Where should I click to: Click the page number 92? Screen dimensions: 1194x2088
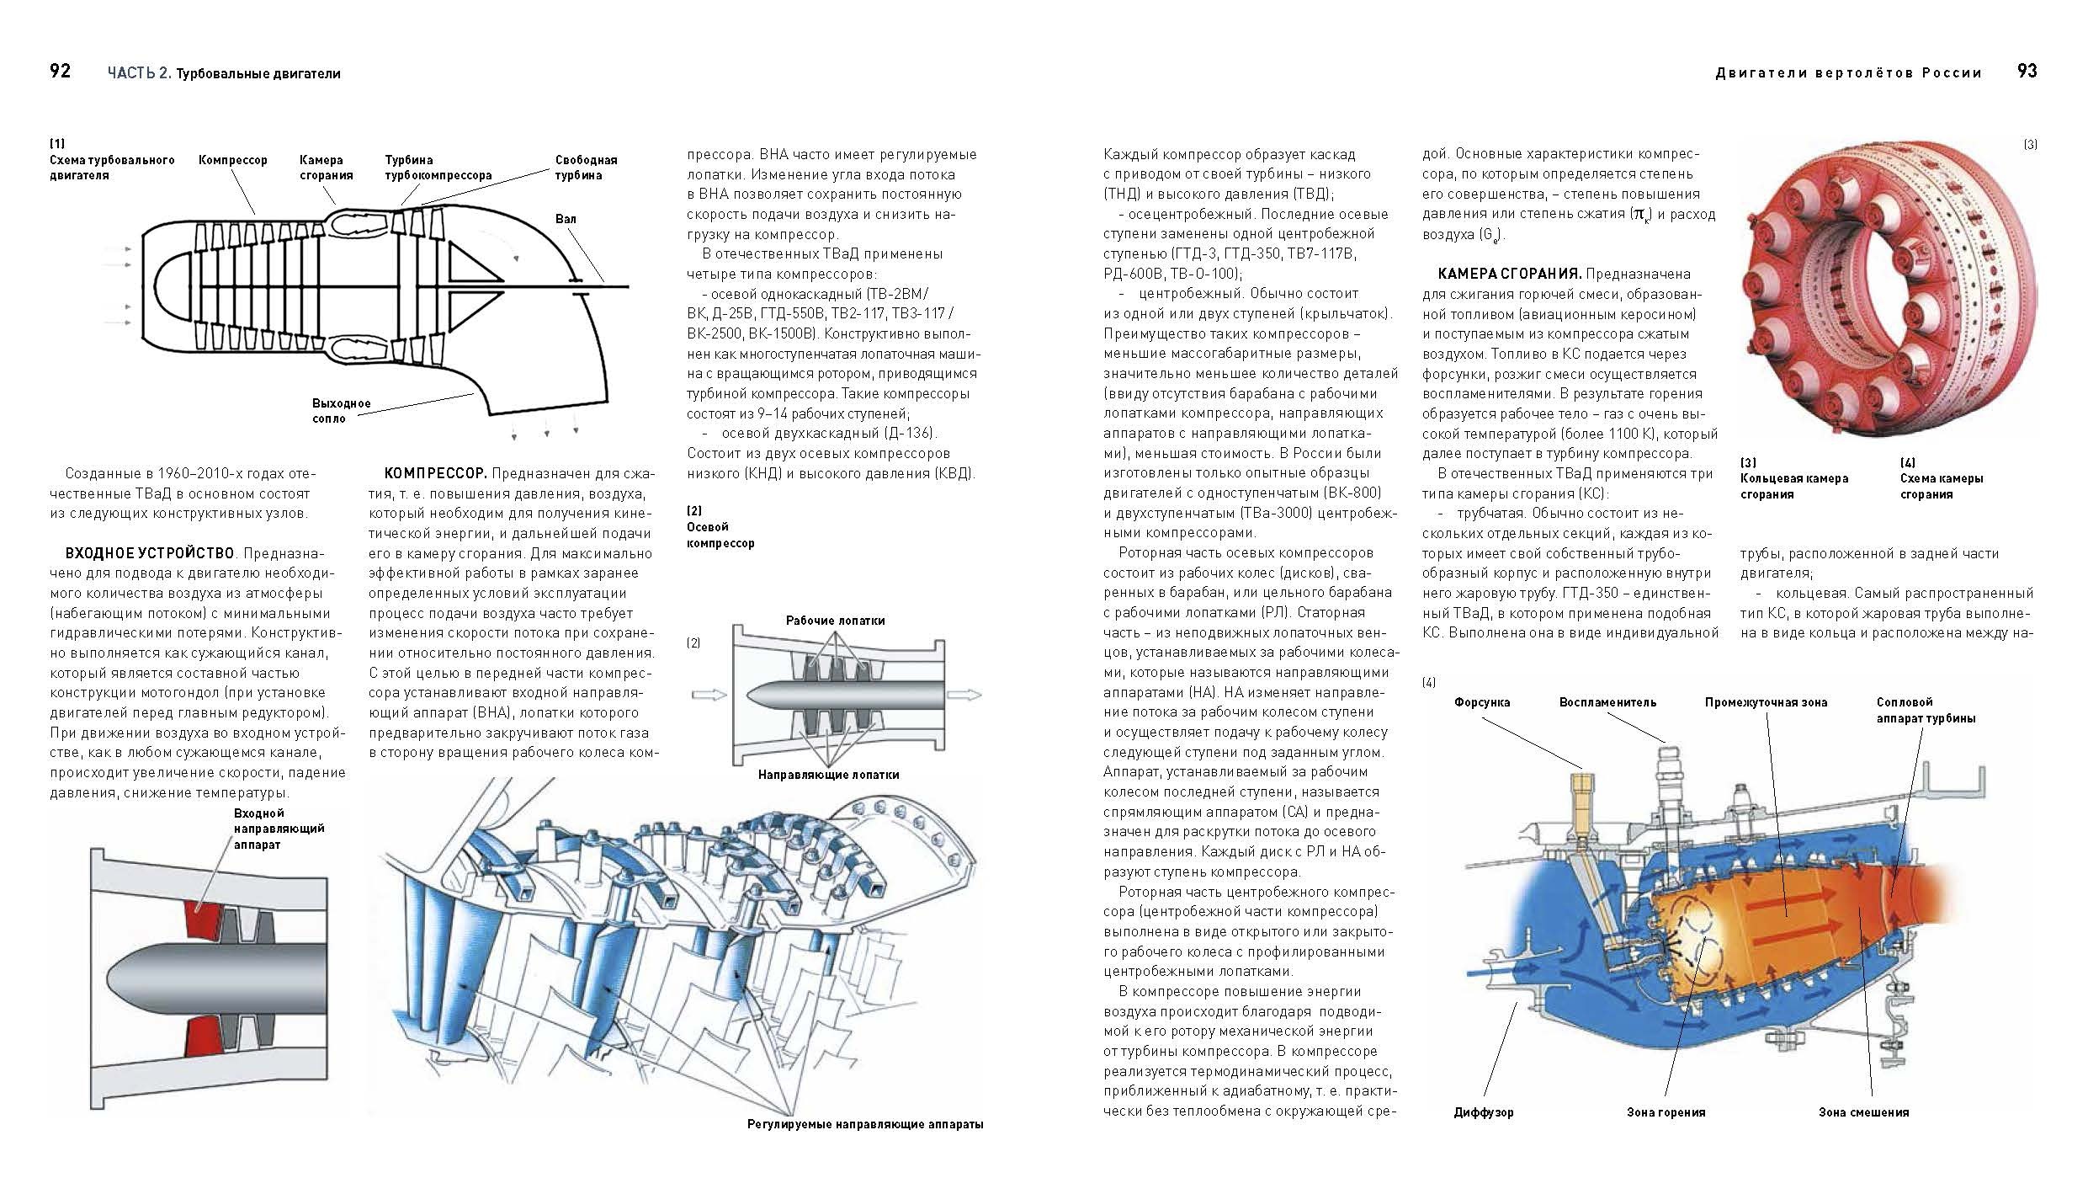(x=60, y=71)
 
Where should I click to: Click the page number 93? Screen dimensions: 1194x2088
(x=2027, y=71)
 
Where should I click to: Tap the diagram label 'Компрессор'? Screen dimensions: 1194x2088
(x=232, y=160)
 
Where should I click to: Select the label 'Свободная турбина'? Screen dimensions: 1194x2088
(x=586, y=167)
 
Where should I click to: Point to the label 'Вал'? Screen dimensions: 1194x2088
(x=566, y=219)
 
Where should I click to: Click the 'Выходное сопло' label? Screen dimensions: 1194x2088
(x=341, y=411)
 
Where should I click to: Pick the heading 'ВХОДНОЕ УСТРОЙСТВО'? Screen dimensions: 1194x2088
(x=150, y=553)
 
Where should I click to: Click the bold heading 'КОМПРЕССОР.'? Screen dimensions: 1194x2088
(x=435, y=474)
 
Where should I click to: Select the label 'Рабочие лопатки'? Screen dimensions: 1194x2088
(x=835, y=621)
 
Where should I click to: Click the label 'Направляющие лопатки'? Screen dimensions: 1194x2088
(x=828, y=775)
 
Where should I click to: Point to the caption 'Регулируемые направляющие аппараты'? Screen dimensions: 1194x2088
(x=864, y=1124)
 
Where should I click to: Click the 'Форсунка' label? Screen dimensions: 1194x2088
(x=1481, y=702)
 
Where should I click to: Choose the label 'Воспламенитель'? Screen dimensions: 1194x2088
(x=1607, y=702)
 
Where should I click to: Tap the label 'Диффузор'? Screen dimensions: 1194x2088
(x=1483, y=1112)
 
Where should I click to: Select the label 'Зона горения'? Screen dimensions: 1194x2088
(x=1666, y=1112)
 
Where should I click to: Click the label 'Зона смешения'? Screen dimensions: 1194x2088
(x=1863, y=1112)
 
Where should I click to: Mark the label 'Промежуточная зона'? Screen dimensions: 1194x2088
(x=1766, y=702)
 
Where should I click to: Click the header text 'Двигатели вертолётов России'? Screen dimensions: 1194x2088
(x=1848, y=73)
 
